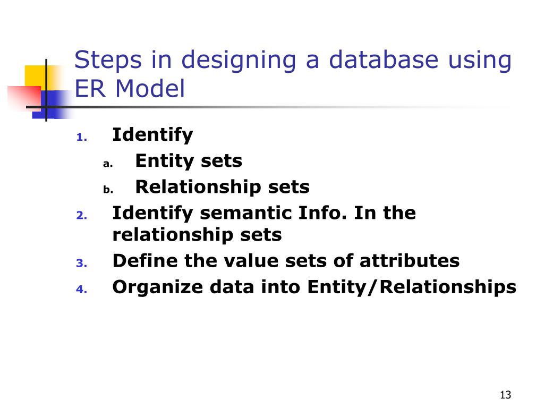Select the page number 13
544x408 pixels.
505,395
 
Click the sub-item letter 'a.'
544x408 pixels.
107,164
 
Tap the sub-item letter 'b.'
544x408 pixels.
107,189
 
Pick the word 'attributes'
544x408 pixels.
409,261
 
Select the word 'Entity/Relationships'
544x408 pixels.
411,287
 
